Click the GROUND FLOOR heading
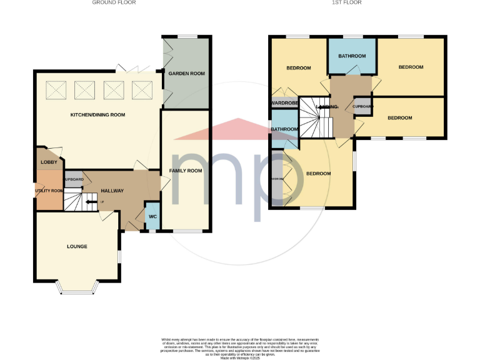[x=114, y=2]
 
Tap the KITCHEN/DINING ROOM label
[x=97, y=115]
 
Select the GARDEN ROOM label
[x=187, y=74]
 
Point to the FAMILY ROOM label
[x=186, y=171]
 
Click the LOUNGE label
[x=77, y=246]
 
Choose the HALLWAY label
[x=112, y=191]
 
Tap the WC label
[x=152, y=217]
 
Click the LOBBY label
[x=49, y=162]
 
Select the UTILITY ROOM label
[x=49, y=191]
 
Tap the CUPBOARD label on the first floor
[x=363, y=106]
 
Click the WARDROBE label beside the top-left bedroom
[x=284, y=103]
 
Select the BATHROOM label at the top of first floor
[x=352, y=56]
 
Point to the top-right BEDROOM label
[x=411, y=67]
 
